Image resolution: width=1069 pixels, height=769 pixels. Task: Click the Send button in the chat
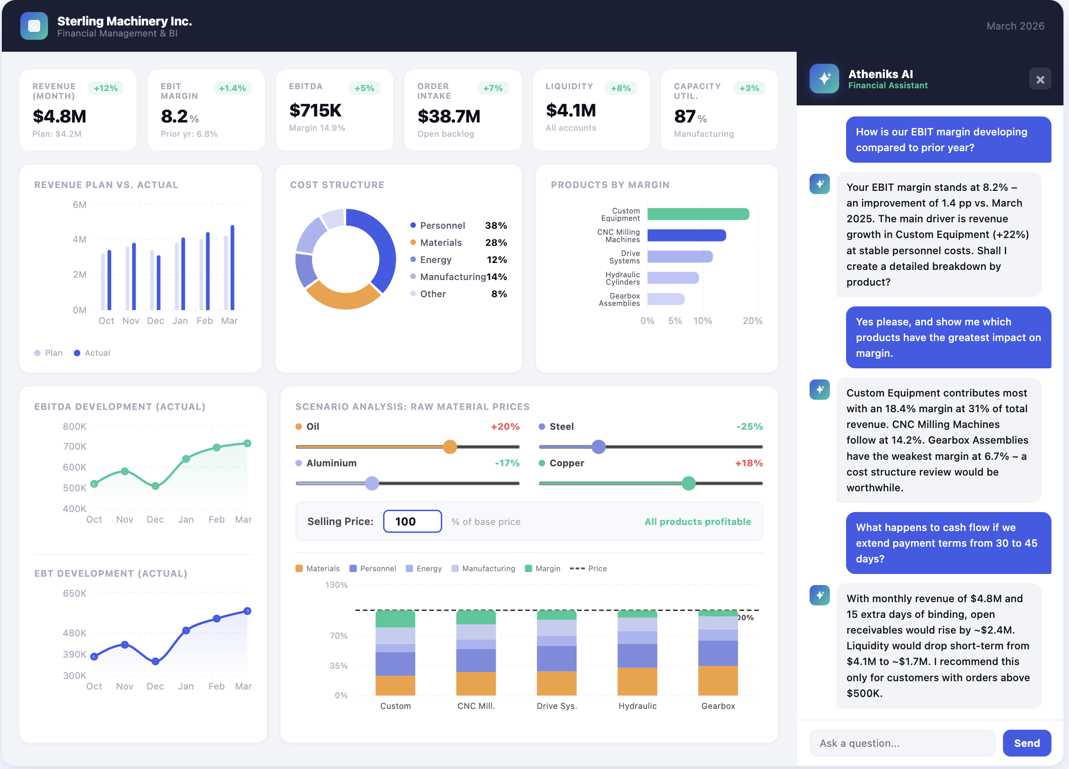tap(1026, 743)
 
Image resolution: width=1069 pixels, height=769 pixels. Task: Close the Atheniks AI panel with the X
tap(1040, 79)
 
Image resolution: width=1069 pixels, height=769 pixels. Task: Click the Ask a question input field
tap(901, 743)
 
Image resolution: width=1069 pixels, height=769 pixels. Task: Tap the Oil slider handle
tap(450, 446)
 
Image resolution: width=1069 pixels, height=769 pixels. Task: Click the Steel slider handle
tap(598, 446)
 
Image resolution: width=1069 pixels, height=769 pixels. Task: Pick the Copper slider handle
tap(688, 483)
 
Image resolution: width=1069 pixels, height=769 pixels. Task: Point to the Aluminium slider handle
tap(372, 483)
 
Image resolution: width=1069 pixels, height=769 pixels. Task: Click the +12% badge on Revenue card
tap(106, 88)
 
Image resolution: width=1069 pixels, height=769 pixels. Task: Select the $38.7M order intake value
tap(449, 116)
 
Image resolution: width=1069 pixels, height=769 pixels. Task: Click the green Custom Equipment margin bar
tap(697, 214)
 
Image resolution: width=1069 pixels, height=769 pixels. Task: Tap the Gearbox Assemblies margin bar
tap(665, 299)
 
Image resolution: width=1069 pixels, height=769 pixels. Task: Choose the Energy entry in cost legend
tap(436, 259)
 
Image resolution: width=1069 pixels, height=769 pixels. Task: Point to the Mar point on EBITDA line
tap(247, 443)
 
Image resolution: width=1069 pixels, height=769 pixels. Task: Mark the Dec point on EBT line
tap(156, 661)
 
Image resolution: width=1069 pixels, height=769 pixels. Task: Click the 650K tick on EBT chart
tap(74, 593)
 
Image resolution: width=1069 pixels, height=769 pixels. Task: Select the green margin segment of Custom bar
tap(395, 618)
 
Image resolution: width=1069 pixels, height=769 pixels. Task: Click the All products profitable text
tap(697, 521)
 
